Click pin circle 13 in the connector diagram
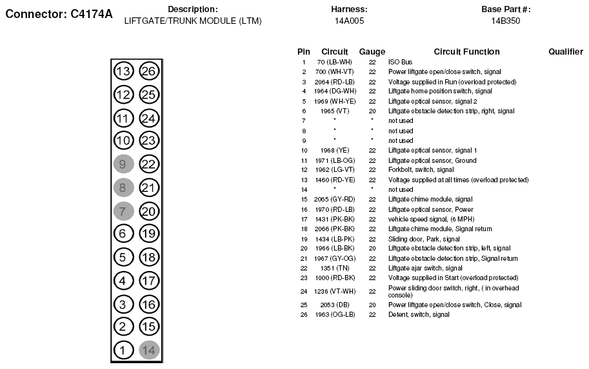coord(123,71)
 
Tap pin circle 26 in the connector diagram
coord(149,71)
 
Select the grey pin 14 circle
coord(149,350)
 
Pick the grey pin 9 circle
coord(123,164)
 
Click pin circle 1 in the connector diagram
coord(123,350)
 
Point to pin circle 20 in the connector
coord(149,211)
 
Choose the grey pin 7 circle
coord(123,211)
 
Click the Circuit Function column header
coord(466,52)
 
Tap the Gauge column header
coord(372,52)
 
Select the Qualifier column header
coord(566,52)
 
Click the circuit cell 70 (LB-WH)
coord(334,62)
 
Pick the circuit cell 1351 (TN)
coord(334,268)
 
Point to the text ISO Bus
coord(400,62)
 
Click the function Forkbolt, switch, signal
coord(421,170)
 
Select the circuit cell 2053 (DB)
coord(334,305)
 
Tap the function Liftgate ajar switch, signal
coord(425,268)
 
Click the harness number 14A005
coord(349,21)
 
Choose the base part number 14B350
coord(506,21)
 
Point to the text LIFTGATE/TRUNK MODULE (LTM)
coord(193,21)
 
